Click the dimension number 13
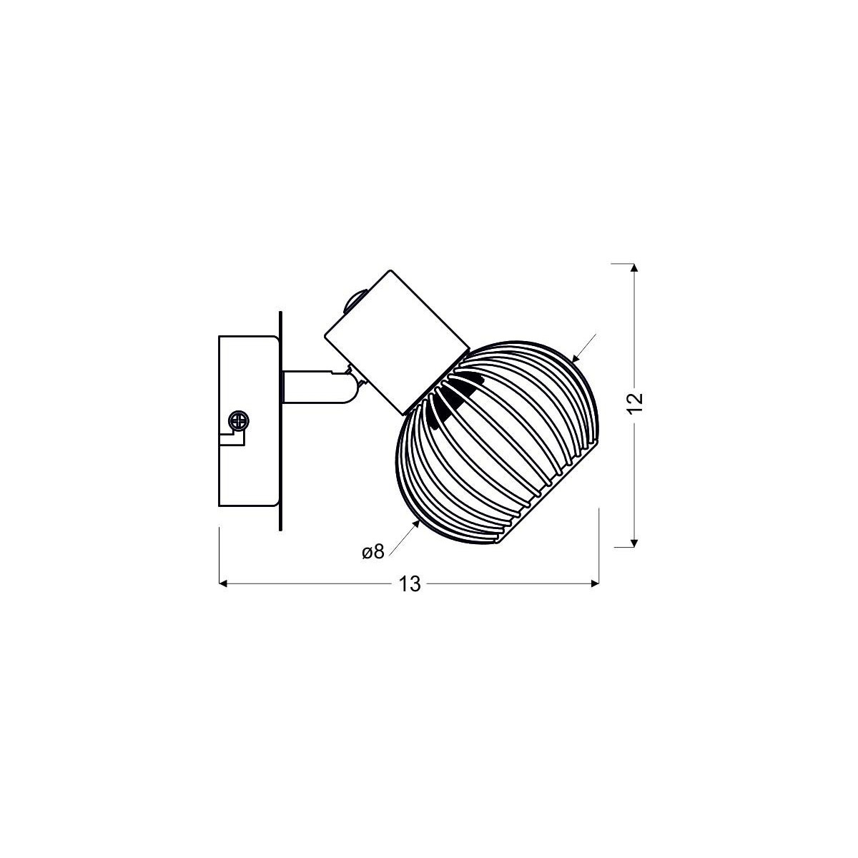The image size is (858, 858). [409, 584]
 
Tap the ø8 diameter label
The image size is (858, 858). [373, 551]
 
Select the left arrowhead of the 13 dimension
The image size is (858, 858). [223, 584]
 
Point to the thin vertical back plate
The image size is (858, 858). [281, 422]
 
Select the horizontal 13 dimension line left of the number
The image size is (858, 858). [307, 584]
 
